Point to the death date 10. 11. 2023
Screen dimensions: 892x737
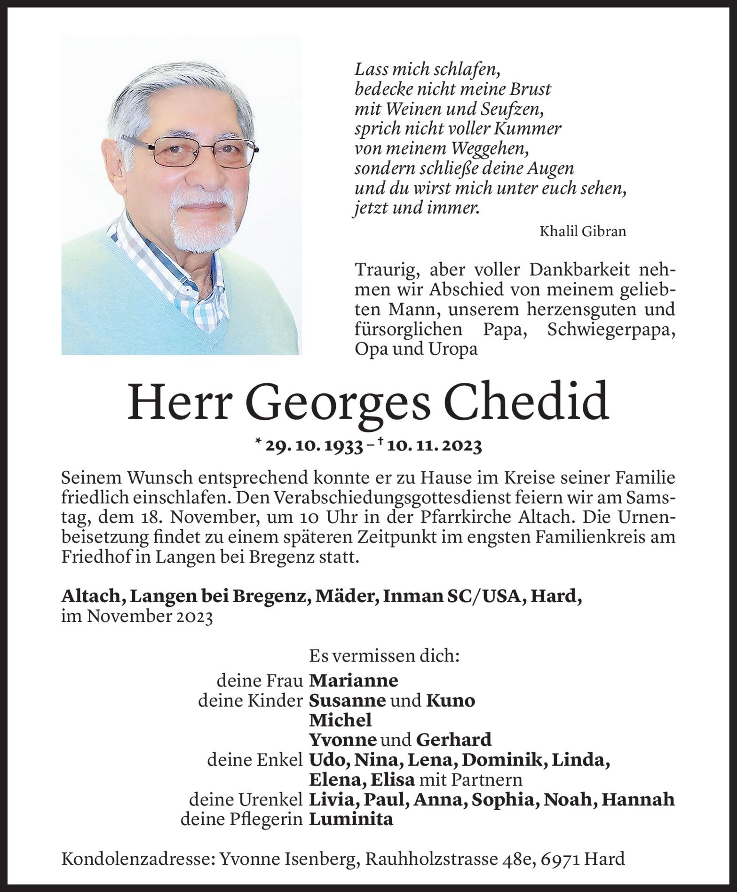point(433,446)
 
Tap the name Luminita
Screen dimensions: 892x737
point(351,819)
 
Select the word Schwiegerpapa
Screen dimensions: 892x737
point(611,330)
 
